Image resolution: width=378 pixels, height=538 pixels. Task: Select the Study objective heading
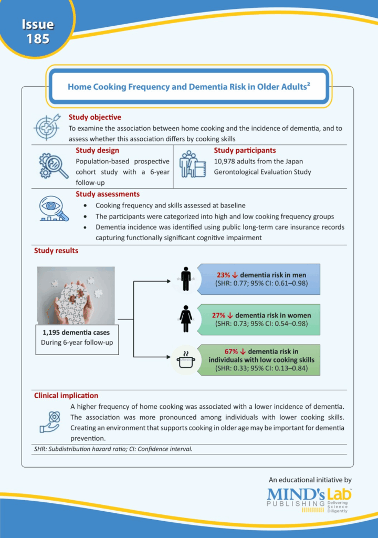[95, 117]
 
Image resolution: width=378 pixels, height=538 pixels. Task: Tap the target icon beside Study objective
[47, 127]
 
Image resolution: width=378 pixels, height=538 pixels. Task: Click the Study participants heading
[245, 150]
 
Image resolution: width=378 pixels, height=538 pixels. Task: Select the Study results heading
[56, 251]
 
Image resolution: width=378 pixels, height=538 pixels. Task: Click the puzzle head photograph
[76, 296]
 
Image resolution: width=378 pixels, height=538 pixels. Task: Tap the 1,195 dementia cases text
[76, 333]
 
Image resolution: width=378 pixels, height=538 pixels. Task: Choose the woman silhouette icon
[185, 317]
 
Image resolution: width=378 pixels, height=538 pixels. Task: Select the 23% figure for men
[224, 275]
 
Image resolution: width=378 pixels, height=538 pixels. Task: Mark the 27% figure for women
[219, 315]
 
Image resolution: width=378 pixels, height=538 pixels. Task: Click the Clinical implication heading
[66, 395]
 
